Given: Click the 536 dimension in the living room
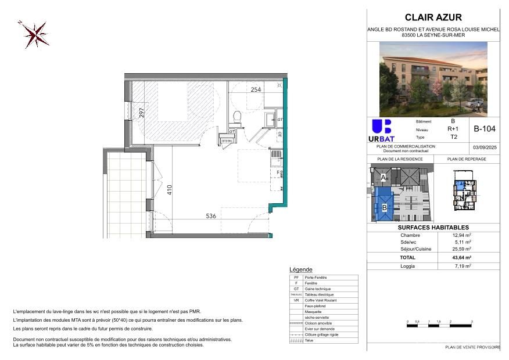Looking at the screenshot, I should click(211, 216).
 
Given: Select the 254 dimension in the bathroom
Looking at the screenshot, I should click(256, 90).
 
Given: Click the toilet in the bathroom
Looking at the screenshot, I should click(236, 118).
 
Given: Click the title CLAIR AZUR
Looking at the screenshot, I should click(433, 17).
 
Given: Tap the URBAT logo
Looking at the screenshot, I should click(381, 131).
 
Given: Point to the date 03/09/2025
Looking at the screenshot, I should click(485, 148).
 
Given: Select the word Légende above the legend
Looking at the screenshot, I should click(300, 270).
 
